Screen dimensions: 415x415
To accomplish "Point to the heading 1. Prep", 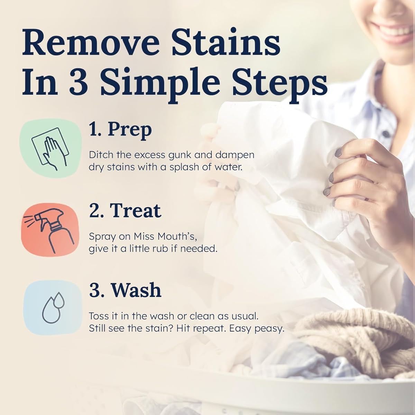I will [x=120, y=130].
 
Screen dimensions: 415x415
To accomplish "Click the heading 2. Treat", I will [x=125, y=210].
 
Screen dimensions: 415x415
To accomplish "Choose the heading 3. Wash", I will [x=125, y=290].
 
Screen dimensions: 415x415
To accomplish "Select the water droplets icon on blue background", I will [x=50, y=307].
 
